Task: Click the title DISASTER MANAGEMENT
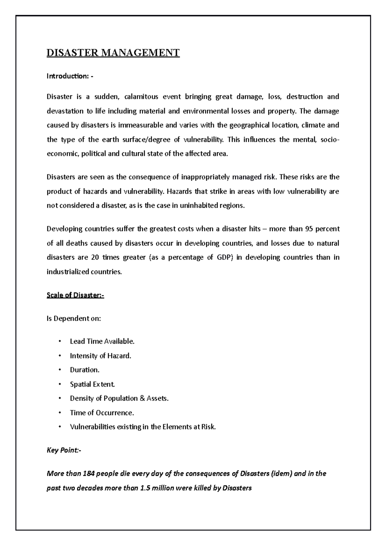(113, 52)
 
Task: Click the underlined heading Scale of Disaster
(75, 295)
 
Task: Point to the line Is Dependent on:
(74, 318)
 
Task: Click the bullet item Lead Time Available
(102, 341)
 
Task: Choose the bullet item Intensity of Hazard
(100, 356)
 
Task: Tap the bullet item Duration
(85, 370)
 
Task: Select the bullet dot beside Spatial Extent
(60, 384)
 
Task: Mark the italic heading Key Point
(64, 450)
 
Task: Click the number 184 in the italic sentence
(88, 474)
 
